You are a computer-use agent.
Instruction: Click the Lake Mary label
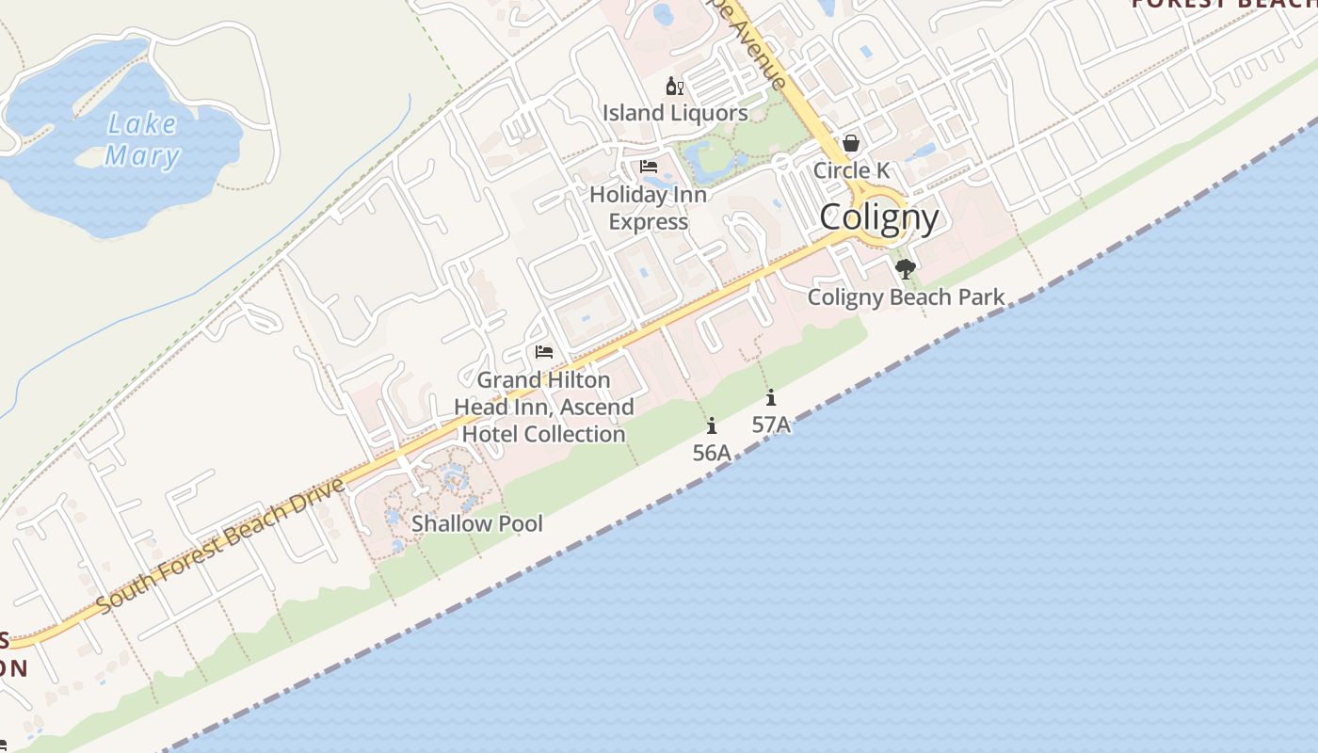[142, 139]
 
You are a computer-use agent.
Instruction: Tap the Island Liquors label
[676, 113]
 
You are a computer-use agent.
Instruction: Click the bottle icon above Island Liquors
[674, 88]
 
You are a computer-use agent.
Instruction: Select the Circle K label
[851, 170]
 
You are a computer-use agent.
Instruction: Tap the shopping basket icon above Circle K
[851, 143]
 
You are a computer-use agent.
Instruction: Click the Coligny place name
[879, 218]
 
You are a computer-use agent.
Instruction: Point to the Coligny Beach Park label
[907, 297]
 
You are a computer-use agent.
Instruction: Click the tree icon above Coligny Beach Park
[906, 270]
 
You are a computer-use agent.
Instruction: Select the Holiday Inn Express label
[648, 208]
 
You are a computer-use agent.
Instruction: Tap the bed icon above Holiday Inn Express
[649, 167]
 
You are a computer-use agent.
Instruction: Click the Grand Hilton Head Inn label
[543, 407]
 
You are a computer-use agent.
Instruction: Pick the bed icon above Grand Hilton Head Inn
[544, 352]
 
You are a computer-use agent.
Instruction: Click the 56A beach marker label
[712, 453]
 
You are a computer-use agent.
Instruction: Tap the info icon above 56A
[712, 425]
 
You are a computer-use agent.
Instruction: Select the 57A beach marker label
[771, 425]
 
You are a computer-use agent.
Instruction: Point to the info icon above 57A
[771, 397]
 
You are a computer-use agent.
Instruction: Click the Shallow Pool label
[477, 523]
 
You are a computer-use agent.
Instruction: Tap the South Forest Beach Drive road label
[220, 546]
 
